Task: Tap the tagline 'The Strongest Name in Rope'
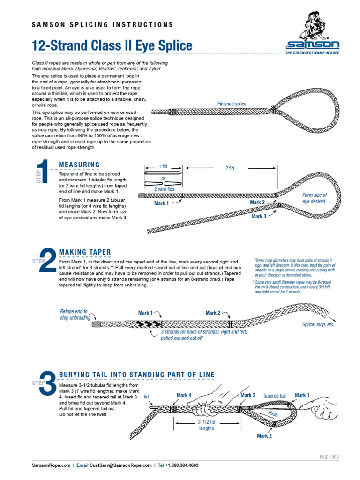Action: [312, 53]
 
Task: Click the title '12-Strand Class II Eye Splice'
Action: [112, 46]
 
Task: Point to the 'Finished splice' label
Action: [232, 104]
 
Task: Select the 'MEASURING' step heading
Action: [79, 165]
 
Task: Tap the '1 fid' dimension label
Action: [163, 166]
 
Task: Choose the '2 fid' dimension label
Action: [229, 168]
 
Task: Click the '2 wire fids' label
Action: [164, 189]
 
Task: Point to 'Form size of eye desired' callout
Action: [314, 198]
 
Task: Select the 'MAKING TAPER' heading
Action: [85, 252]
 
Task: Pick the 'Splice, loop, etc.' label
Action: [318, 324]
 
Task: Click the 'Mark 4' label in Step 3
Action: [184, 395]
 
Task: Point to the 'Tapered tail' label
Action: [274, 396]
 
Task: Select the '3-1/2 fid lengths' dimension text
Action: [206, 425]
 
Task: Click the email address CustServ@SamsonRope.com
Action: [120, 465]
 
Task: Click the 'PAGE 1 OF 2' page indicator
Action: [329, 457]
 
